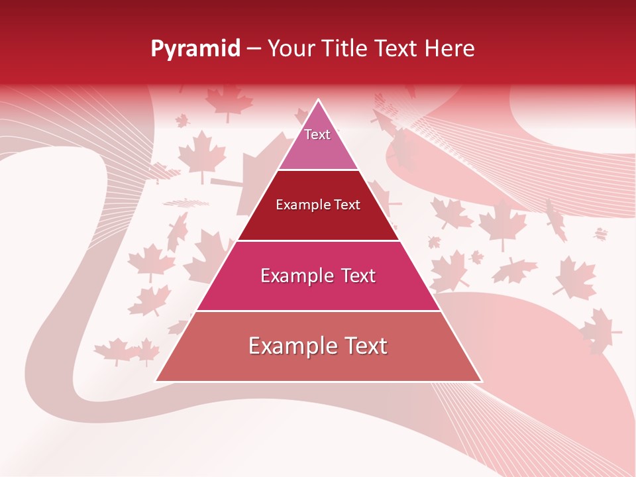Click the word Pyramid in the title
(x=195, y=49)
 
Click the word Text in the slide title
(x=397, y=48)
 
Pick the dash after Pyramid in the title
(x=254, y=49)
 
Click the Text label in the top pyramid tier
(x=317, y=134)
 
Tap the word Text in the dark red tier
(x=347, y=205)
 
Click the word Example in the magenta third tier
(x=295, y=276)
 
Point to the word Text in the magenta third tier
(x=354, y=276)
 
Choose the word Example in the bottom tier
(x=290, y=346)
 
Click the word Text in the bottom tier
(x=364, y=346)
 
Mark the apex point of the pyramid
(x=319, y=100)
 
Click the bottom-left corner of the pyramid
(x=156, y=381)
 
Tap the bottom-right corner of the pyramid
(x=482, y=381)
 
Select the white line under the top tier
(x=318, y=170)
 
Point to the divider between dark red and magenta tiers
(x=318, y=240)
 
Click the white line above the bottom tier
(x=318, y=311)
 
